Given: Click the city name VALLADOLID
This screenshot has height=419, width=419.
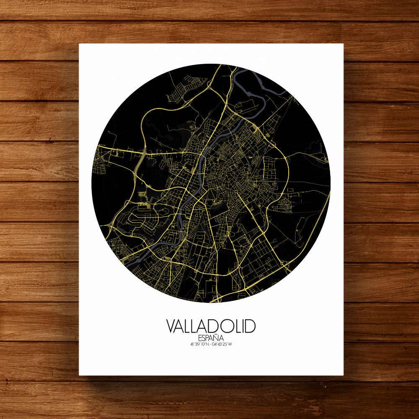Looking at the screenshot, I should coord(211,326).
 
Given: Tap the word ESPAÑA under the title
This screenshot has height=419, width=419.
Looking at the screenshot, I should coord(211,338).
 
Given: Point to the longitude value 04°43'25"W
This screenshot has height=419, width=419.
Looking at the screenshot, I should coord(222,345).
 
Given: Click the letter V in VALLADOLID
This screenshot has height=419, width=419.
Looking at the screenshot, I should coord(171,326).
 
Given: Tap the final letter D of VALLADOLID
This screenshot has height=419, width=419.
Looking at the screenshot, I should coord(250,326).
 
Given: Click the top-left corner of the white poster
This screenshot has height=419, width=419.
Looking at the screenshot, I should coord(80,44).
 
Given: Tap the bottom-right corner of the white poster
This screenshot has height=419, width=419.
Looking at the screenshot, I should coord(344,375).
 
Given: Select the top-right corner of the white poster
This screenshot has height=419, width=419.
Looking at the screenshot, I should coord(344,44).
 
